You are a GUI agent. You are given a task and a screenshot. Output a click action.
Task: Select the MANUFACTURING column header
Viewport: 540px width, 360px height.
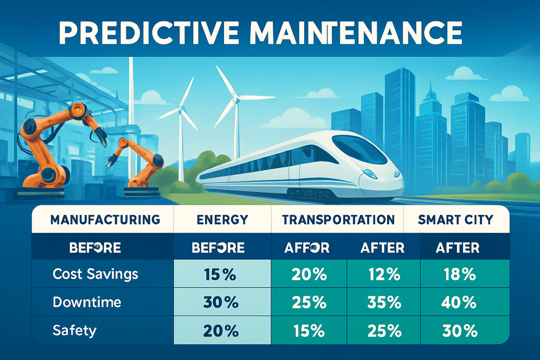click(105, 219)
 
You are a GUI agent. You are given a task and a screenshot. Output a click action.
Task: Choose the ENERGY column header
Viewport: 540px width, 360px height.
click(222, 219)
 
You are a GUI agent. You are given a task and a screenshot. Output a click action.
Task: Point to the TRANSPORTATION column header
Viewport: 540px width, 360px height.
click(339, 219)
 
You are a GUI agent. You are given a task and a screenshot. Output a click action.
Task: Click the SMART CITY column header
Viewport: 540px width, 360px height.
click(456, 219)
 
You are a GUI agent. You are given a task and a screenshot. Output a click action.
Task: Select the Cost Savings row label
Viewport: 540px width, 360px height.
click(95, 274)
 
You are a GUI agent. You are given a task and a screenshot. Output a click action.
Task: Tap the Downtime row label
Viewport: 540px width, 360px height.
click(87, 302)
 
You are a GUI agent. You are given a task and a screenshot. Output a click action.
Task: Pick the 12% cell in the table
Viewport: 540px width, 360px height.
click(382, 275)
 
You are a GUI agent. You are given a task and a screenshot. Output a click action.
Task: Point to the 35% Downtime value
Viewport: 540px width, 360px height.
click(382, 303)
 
